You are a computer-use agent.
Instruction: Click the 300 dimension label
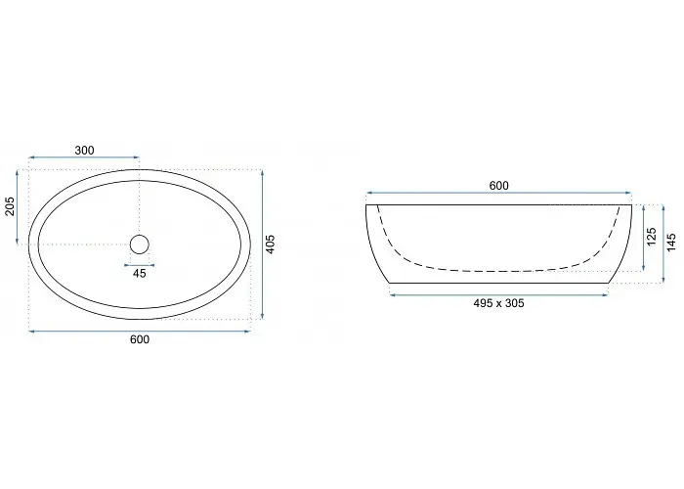[84, 151]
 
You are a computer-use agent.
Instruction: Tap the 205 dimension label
[10, 206]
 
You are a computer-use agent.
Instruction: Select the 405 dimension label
[271, 244]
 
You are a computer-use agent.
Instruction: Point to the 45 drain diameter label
[139, 274]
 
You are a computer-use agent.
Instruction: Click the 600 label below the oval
[140, 339]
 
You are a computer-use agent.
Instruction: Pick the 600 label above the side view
[498, 186]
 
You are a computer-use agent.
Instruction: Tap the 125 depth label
[652, 237]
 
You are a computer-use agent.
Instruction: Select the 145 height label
[671, 243]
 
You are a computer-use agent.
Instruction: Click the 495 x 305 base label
[498, 303]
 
